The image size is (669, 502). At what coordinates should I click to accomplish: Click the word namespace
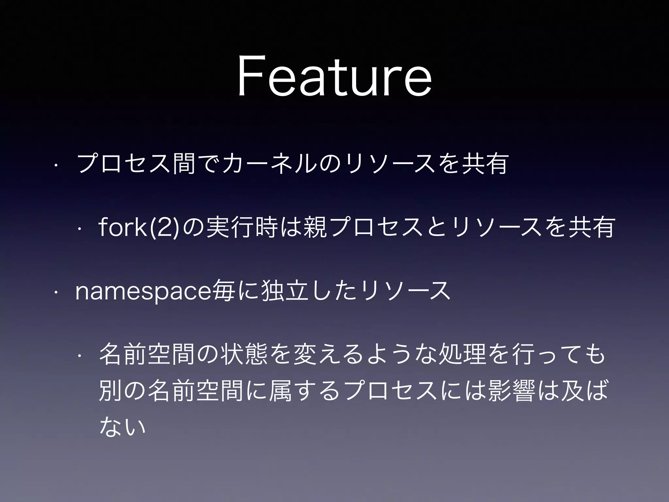pos(143,291)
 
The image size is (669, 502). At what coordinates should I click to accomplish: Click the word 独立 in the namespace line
pos(286,291)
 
